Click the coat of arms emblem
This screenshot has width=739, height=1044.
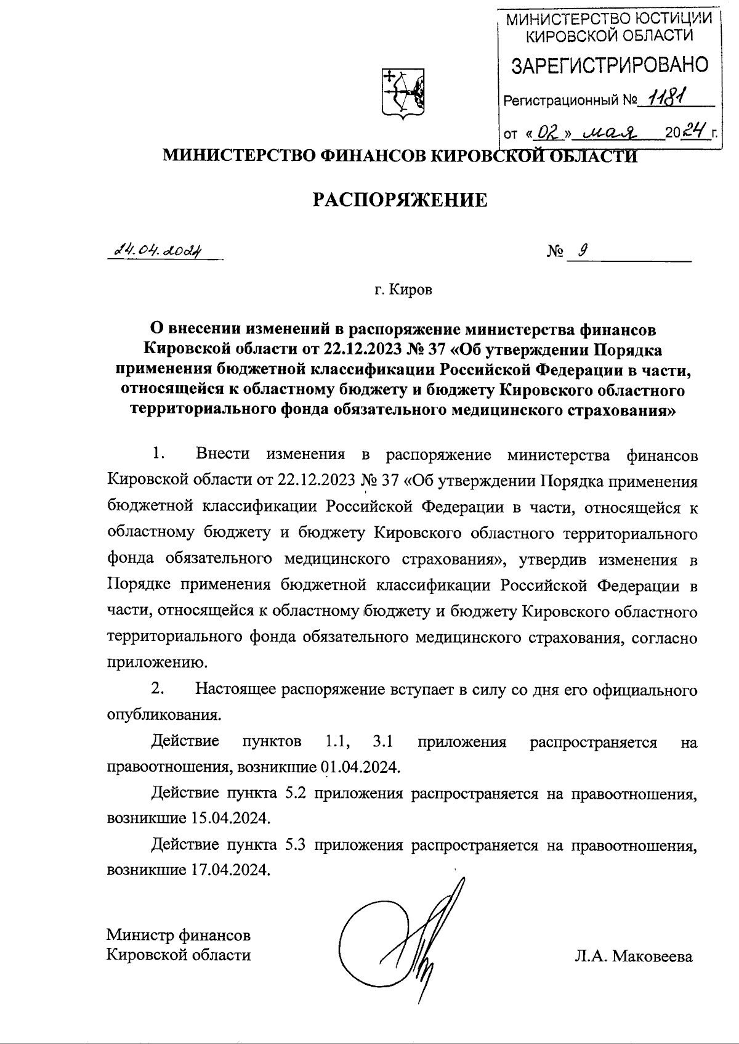point(403,94)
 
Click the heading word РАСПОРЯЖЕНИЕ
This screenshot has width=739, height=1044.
point(400,200)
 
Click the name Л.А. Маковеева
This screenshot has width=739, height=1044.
point(633,956)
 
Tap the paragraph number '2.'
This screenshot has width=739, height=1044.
point(158,689)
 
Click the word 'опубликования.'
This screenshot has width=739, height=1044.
point(163,716)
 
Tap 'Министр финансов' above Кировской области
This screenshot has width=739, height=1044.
point(179,935)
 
